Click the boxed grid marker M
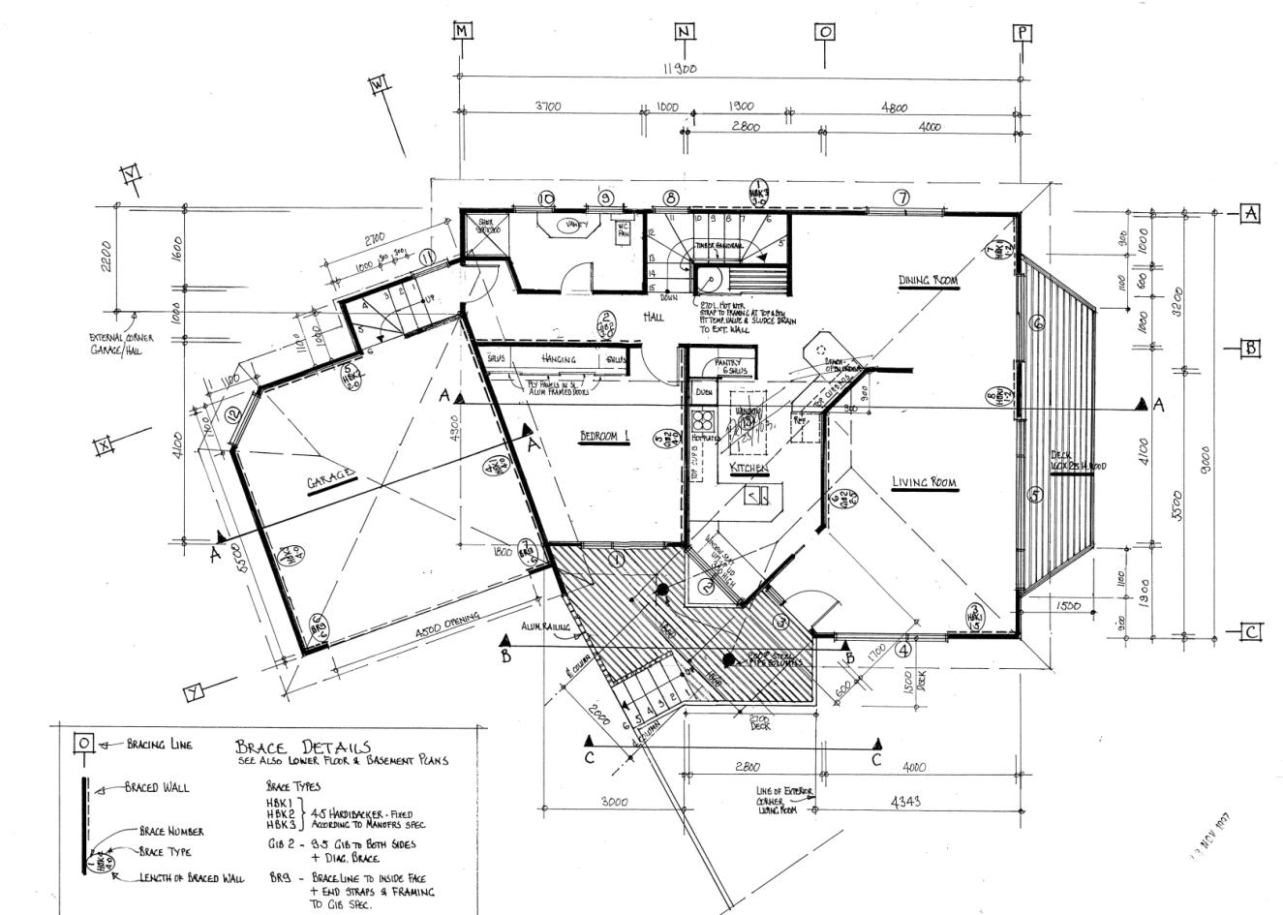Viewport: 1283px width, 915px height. (x=463, y=31)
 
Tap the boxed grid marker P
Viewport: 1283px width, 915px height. (x=1023, y=32)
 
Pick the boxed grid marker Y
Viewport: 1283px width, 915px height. (x=194, y=691)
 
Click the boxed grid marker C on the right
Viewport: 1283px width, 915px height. (x=1251, y=632)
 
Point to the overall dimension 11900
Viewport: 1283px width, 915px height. (x=681, y=69)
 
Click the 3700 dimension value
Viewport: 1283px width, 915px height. (x=548, y=107)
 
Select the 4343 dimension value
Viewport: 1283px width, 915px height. (x=903, y=802)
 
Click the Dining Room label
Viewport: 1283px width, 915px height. (x=927, y=281)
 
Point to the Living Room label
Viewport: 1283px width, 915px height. (x=924, y=482)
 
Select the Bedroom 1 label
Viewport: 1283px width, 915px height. (x=604, y=437)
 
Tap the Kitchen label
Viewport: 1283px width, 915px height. (x=748, y=468)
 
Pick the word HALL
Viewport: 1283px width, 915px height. (x=654, y=318)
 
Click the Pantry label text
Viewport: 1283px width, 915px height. (x=727, y=363)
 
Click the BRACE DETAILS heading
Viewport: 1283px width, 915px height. (x=302, y=747)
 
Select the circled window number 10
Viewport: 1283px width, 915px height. (x=547, y=198)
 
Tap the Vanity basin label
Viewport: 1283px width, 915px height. (x=574, y=226)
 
